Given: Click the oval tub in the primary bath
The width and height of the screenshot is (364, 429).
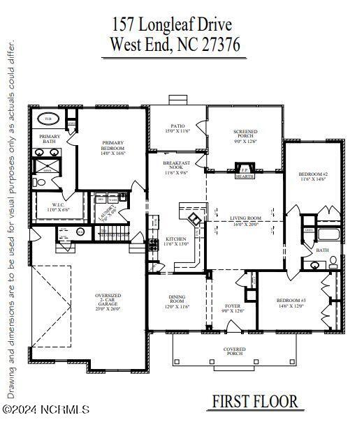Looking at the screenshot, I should (49, 119).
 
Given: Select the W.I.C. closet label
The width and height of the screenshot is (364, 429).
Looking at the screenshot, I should (56, 207).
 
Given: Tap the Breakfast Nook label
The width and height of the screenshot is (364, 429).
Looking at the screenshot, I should (177, 168).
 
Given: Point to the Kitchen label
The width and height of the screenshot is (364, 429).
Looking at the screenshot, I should (175, 241).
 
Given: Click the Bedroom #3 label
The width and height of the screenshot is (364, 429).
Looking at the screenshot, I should (292, 303).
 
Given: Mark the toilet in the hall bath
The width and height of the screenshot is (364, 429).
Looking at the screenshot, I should (333, 262).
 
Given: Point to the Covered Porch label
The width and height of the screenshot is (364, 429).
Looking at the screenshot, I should (234, 351).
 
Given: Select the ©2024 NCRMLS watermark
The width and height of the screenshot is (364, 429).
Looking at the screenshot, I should (45, 410).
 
